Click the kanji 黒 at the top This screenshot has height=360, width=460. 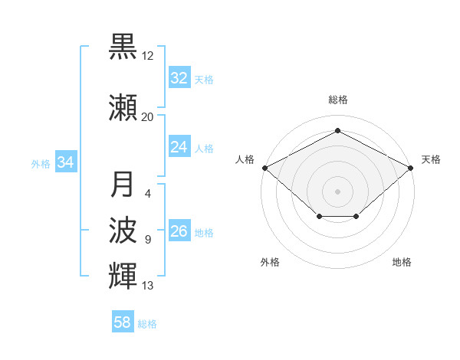pyautogui.click(x=123, y=46)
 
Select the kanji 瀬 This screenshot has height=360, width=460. pyautogui.click(x=123, y=108)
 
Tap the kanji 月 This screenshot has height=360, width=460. pyautogui.click(x=123, y=185)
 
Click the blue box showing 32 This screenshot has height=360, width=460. pyautogui.click(x=179, y=78)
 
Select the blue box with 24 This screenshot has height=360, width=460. pyautogui.click(x=179, y=147)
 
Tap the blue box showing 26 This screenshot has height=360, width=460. pyautogui.click(x=179, y=231)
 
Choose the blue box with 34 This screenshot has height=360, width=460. pyautogui.click(x=66, y=162)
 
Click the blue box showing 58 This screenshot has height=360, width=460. pyautogui.click(x=123, y=322)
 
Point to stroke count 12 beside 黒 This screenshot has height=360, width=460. pyautogui.click(x=148, y=56)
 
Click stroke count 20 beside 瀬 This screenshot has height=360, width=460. pyautogui.click(x=148, y=117)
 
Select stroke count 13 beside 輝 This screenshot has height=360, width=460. pyautogui.click(x=148, y=286)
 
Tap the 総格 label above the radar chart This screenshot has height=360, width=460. pyautogui.click(x=338, y=100)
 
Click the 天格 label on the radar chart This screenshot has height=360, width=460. pyautogui.click(x=431, y=159)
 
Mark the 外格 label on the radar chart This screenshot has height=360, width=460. pyautogui.click(x=270, y=262)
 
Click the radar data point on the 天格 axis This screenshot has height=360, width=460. pyautogui.click(x=412, y=167)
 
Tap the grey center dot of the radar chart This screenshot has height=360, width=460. pyautogui.click(x=338, y=191)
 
